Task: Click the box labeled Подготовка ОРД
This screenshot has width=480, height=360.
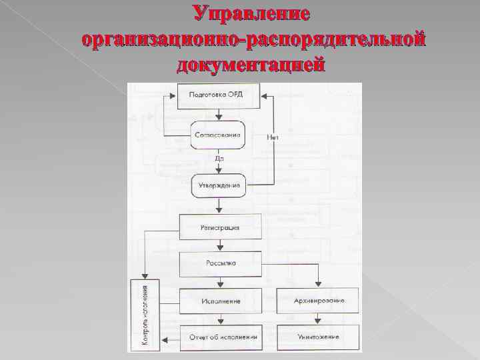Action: [217, 96]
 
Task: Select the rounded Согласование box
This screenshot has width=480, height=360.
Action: [217, 135]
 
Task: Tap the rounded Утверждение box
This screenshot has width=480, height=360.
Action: [219, 185]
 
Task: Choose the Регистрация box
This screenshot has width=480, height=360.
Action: [219, 228]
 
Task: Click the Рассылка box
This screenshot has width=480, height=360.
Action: [219, 263]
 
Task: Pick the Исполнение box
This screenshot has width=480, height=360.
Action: [219, 301]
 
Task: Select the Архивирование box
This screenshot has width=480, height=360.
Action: [318, 301]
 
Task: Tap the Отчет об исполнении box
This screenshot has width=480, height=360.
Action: [219, 337]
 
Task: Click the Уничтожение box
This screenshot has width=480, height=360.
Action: [318, 337]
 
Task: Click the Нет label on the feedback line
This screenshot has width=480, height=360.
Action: [271, 138]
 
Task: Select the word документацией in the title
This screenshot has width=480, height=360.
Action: [251, 65]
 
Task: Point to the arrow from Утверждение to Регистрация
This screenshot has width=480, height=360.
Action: [218, 205]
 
